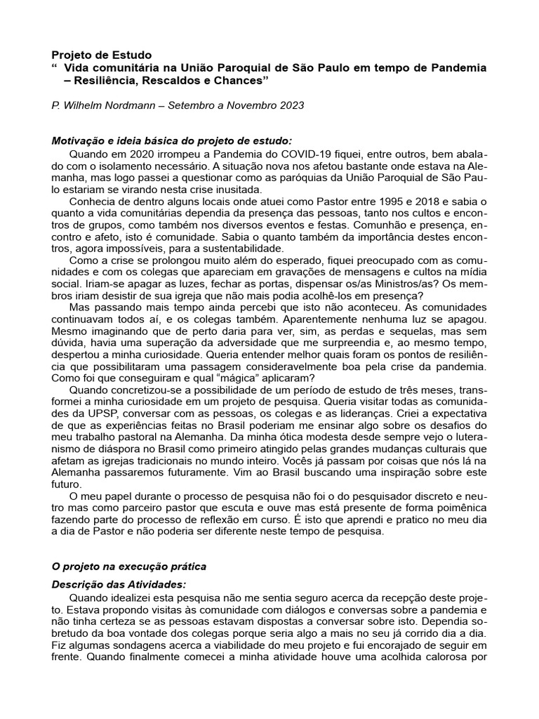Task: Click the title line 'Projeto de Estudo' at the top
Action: coord(102,54)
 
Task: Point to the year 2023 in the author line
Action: coord(291,106)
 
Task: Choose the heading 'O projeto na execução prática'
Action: coord(129,566)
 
